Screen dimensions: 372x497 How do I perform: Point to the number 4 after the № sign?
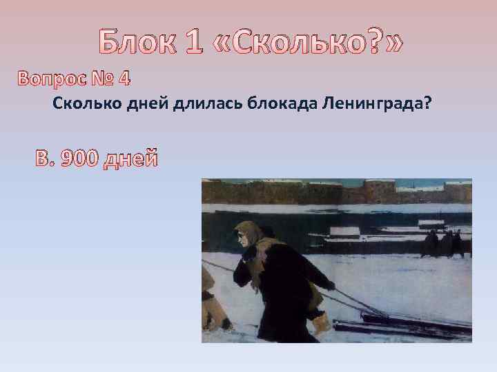click(124, 79)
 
